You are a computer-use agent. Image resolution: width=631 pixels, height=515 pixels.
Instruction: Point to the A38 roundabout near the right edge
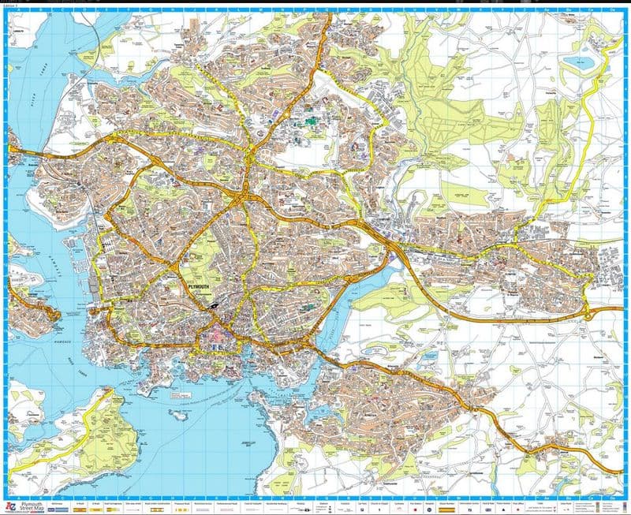588,315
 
